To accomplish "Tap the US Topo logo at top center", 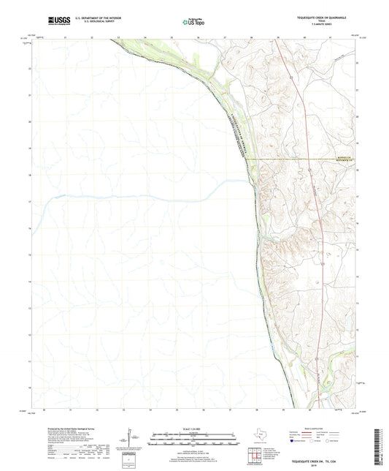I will coord(193,22).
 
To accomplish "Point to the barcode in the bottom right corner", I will coord(377,447).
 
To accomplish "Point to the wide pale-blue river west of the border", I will coord(146,196).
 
